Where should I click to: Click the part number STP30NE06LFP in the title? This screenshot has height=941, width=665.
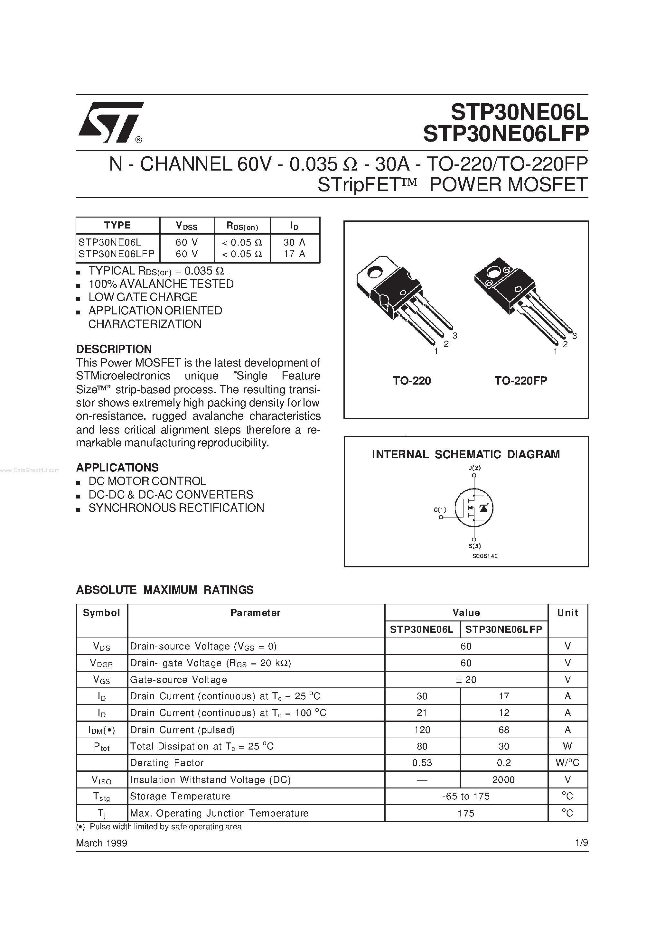pyautogui.click(x=506, y=134)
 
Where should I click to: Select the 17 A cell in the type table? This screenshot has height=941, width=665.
pyautogui.click(x=295, y=254)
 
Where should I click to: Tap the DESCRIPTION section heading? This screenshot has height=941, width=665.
pyautogui.click(x=114, y=349)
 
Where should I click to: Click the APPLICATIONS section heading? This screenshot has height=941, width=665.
pyautogui.click(x=117, y=468)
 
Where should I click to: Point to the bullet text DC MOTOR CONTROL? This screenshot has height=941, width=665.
pyautogui.click(x=147, y=481)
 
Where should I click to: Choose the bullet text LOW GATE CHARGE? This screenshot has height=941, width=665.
pyautogui.click(x=143, y=297)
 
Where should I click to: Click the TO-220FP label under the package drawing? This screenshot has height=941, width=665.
pyautogui.click(x=521, y=381)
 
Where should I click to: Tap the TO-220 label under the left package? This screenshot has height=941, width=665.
pyautogui.click(x=412, y=381)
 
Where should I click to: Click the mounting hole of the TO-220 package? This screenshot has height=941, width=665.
pyautogui.click(x=374, y=272)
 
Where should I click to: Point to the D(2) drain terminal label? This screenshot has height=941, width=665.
pyautogui.click(x=474, y=468)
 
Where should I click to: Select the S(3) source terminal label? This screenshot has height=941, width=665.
pyautogui.click(x=474, y=546)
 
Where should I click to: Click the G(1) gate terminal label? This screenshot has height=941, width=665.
pyautogui.click(x=440, y=510)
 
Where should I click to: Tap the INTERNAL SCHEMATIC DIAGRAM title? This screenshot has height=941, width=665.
pyautogui.click(x=466, y=454)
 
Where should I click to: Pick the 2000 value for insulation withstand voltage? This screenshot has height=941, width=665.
pyautogui.click(x=503, y=780)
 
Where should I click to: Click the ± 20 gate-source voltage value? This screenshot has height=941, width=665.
pyautogui.click(x=466, y=680)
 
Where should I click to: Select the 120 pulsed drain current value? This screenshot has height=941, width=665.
pyautogui.click(x=422, y=730)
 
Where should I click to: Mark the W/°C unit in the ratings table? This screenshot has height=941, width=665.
pyautogui.click(x=567, y=763)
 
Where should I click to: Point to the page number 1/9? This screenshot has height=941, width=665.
pyautogui.click(x=581, y=843)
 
